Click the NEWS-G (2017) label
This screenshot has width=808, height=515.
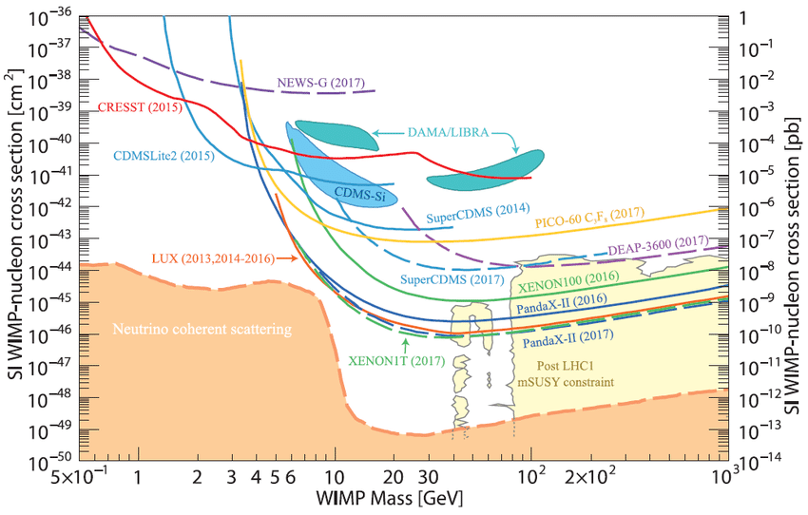pyautogui.click(x=320, y=83)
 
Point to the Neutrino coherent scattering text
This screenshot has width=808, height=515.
pyautogui.click(x=202, y=328)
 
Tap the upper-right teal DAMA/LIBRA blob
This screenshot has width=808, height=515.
pyautogui.click(x=485, y=168)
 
